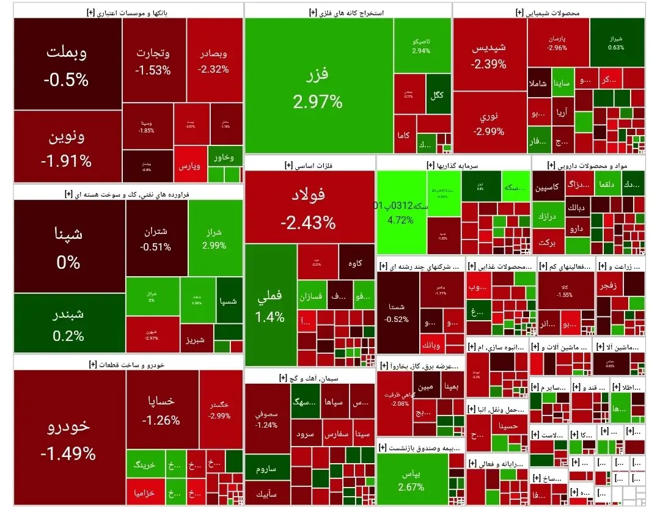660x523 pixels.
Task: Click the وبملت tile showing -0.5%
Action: [67, 64]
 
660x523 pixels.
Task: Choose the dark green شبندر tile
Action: [68, 324]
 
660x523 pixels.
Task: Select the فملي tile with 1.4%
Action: [271, 305]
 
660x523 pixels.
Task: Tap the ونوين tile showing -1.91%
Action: [67, 147]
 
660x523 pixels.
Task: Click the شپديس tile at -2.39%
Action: [490, 54]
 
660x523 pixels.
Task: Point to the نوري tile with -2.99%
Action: [490, 122]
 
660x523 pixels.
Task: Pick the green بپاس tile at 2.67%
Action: [411, 480]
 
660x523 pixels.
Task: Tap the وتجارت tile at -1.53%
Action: [153, 61]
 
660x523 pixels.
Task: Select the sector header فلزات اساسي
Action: [310, 165]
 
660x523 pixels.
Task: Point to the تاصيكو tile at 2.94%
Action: [421, 46]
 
